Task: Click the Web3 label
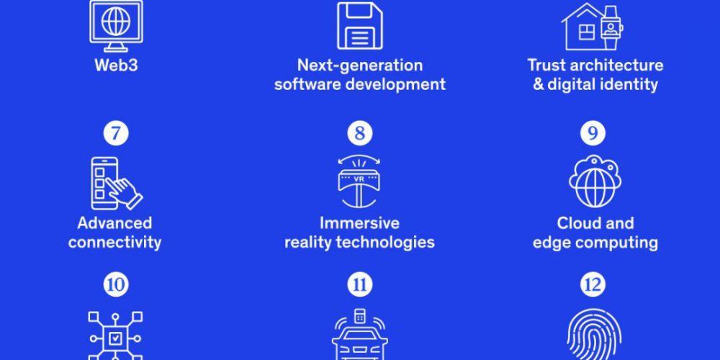pyautogui.click(x=116, y=66)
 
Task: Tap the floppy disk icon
pyautogui.click(x=360, y=26)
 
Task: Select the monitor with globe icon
pyautogui.click(x=116, y=26)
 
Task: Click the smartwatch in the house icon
pyautogui.click(x=611, y=27)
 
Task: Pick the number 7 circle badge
pyautogui.click(x=116, y=133)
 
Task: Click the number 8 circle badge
pyautogui.click(x=360, y=133)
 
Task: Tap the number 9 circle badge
pyautogui.click(x=593, y=133)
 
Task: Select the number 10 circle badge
pyautogui.click(x=116, y=284)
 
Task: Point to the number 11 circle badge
pyautogui.click(x=360, y=284)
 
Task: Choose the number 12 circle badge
pyautogui.click(x=593, y=284)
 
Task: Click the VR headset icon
pyautogui.click(x=359, y=182)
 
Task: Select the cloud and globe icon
pyautogui.click(x=595, y=181)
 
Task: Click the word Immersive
pyautogui.click(x=359, y=223)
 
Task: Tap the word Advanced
pyautogui.click(x=114, y=223)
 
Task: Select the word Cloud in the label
pyautogui.click(x=576, y=223)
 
